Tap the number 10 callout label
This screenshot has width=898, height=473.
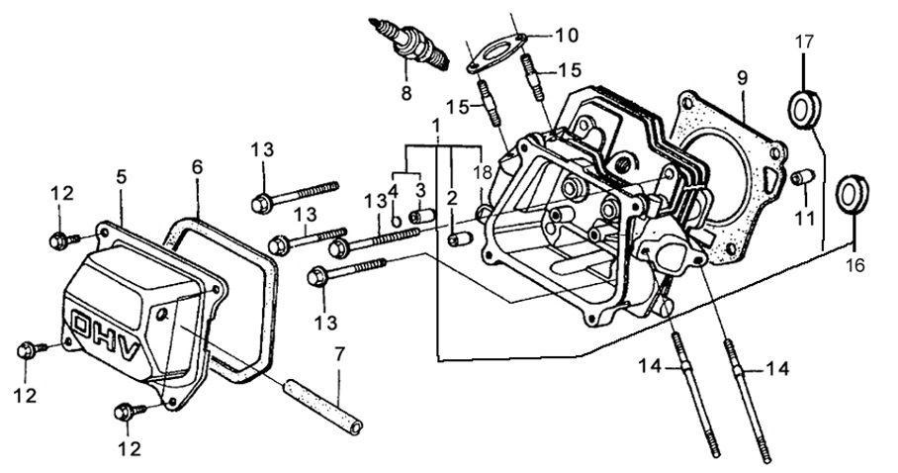click(566, 36)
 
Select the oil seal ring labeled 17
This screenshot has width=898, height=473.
click(805, 107)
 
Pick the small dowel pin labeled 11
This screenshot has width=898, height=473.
click(803, 177)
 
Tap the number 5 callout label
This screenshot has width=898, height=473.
click(122, 177)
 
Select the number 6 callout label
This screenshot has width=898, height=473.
click(198, 167)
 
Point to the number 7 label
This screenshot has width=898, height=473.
click(340, 353)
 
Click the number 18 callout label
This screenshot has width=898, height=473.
click(483, 171)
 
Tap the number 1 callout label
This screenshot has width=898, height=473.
click(435, 126)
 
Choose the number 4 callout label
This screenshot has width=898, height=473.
click(393, 190)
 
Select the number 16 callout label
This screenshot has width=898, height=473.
click(856, 264)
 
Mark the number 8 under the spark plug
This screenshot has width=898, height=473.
click(404, 94)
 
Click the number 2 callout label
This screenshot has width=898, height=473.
click(451, 198)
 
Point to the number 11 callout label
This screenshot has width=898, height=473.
click(808, 216)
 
